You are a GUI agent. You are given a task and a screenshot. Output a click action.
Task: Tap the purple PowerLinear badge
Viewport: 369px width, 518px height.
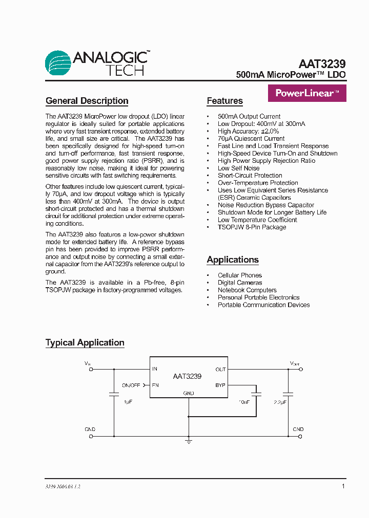[307, 93]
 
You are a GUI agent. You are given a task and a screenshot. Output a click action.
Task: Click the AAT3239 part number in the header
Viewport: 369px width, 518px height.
[322, 64]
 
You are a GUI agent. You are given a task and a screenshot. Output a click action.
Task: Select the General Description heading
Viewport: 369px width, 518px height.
[87, 101]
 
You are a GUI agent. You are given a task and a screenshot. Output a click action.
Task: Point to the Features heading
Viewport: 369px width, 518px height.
[224, 101]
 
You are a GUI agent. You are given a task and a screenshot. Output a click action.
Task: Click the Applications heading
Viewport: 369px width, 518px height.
[233, 260]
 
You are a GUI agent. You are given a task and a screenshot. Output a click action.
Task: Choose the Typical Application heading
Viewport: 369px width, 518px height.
[85, 342]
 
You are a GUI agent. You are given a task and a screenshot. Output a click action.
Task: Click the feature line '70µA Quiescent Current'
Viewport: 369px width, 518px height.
[251, 138]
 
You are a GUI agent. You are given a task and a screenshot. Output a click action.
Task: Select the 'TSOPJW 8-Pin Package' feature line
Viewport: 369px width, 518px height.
[252, 227]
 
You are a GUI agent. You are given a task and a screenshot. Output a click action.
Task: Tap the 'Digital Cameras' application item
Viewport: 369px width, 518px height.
[239, 283]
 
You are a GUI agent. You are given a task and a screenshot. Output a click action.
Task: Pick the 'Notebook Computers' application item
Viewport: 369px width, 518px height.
[247, 290]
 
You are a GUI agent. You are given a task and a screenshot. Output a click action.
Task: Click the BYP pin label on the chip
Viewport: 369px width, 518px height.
[220, 385]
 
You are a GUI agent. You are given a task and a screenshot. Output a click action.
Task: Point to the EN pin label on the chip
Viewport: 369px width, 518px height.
[155, 385]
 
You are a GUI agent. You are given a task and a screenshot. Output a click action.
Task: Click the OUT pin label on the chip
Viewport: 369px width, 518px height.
[220, 369]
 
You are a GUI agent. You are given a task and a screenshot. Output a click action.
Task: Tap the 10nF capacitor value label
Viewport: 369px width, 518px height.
[243, 402]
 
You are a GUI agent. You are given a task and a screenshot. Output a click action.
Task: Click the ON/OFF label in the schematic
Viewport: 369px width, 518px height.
[131, 385]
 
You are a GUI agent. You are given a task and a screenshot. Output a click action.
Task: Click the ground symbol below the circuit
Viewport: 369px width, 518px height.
[189, 441]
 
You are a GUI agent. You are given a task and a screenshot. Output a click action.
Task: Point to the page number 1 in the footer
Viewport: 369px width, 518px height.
[343, 486]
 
